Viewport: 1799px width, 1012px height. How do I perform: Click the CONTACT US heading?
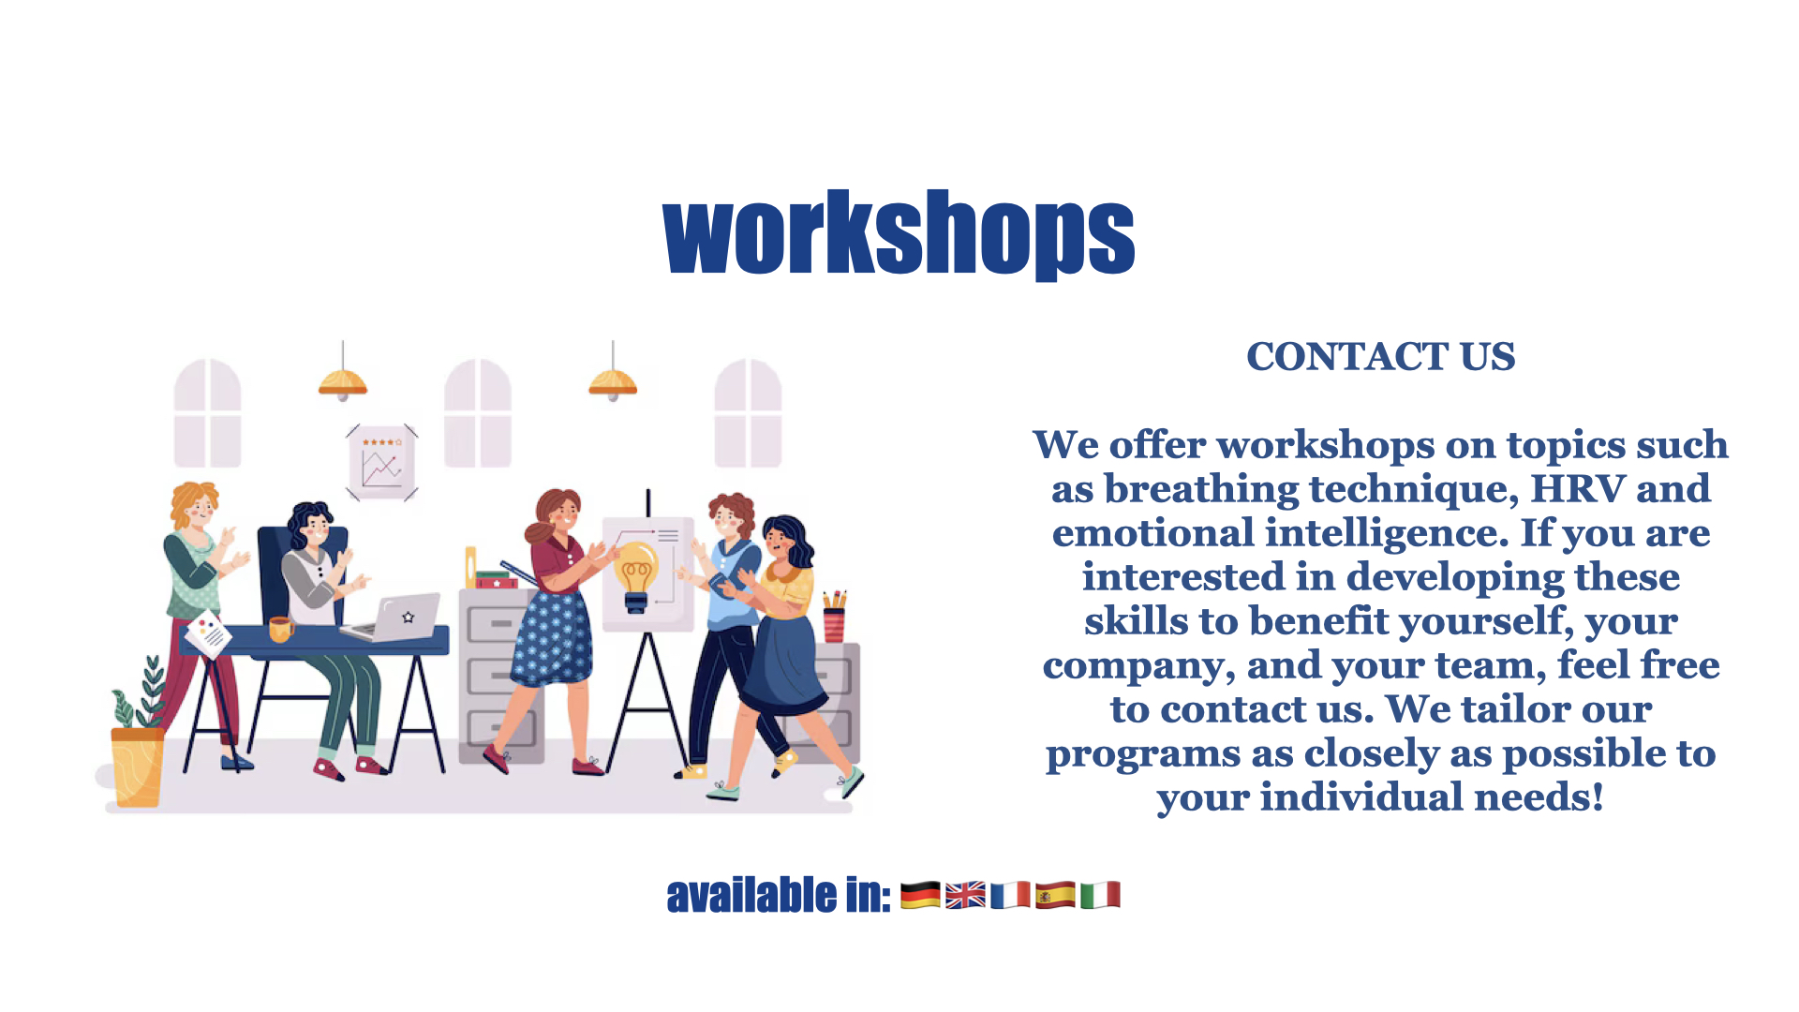click(1380, 357)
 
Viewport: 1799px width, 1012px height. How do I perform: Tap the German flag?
click(920, 895)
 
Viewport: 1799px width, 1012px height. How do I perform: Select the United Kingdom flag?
click(965, 895)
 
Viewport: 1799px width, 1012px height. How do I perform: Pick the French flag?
click(1010, 895)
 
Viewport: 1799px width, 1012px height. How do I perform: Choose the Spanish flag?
click(1055, 895)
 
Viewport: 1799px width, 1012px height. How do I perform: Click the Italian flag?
click(1100, 895)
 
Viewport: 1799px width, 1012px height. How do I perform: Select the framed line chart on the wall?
click(381, 463)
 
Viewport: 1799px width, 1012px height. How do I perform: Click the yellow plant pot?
click(137, 767)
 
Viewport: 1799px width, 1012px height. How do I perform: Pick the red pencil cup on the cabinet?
click(834, 624)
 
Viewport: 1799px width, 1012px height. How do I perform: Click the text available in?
click(779, 895)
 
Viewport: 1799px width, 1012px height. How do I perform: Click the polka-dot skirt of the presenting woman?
click(553, 635)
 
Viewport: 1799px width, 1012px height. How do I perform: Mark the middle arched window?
click(478, 412)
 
